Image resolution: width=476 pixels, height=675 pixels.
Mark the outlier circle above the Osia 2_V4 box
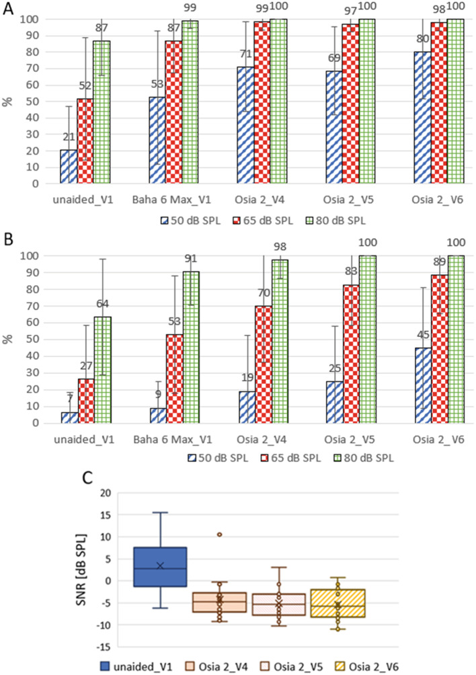219,534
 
